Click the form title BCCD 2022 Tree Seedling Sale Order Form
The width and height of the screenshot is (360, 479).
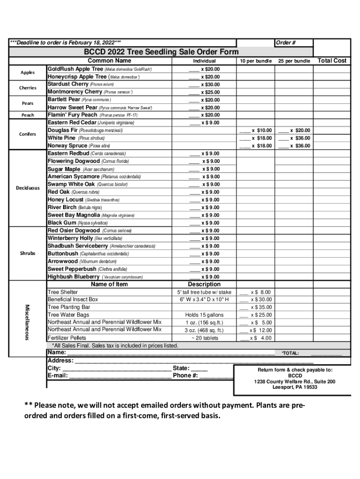click(161, 52)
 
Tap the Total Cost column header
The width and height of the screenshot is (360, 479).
click(332, 61)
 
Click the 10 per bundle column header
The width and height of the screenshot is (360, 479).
click(256, 61)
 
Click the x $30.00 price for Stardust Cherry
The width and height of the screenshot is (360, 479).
click(210, 85)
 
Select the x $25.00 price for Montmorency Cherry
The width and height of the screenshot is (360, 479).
click(210, 92)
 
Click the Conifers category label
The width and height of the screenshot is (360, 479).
click(28, 134)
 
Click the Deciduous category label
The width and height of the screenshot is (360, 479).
click(28, 188)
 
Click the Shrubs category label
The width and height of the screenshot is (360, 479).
click(28, 254)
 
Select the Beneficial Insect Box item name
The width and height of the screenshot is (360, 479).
click(73, 299)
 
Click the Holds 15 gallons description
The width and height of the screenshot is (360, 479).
click(204, 315)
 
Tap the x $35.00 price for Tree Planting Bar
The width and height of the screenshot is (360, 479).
click(261, 307)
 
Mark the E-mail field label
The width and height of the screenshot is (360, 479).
click(58, 376)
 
